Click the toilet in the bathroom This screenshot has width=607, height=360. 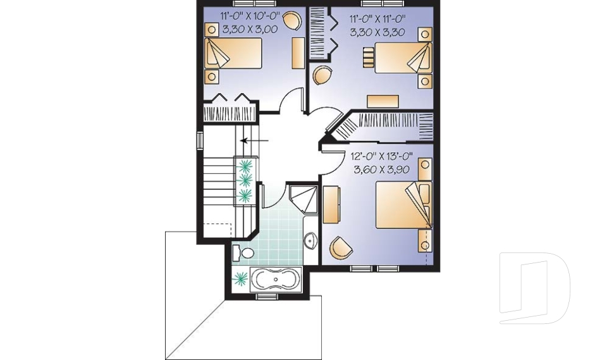click(243, 253)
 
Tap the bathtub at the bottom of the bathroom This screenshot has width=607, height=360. click(276, 279)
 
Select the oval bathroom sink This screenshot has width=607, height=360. click(310, 240)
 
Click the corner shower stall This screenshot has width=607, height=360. click(303, 199)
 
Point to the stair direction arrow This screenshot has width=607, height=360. click(254, 140)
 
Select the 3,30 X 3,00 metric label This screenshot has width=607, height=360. click(250, 30)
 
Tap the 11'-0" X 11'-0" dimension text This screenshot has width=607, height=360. click(377, 18)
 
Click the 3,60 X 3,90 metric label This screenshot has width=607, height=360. click(382, 170)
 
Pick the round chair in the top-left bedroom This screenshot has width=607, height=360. click(292, 20)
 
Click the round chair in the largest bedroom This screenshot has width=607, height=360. click(341, 247)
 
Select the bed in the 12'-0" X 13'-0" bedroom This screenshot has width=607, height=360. click(403, 205)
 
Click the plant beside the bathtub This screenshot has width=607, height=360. click(240, 278)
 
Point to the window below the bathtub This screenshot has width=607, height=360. click(267, 297)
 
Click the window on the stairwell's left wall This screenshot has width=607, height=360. click(200, 140)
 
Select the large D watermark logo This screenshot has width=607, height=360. click(534, 288)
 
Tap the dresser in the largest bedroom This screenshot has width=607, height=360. click(331, 204)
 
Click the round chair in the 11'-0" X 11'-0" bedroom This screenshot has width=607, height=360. click(322, 75)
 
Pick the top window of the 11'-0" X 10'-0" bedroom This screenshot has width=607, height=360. click(254, 4)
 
